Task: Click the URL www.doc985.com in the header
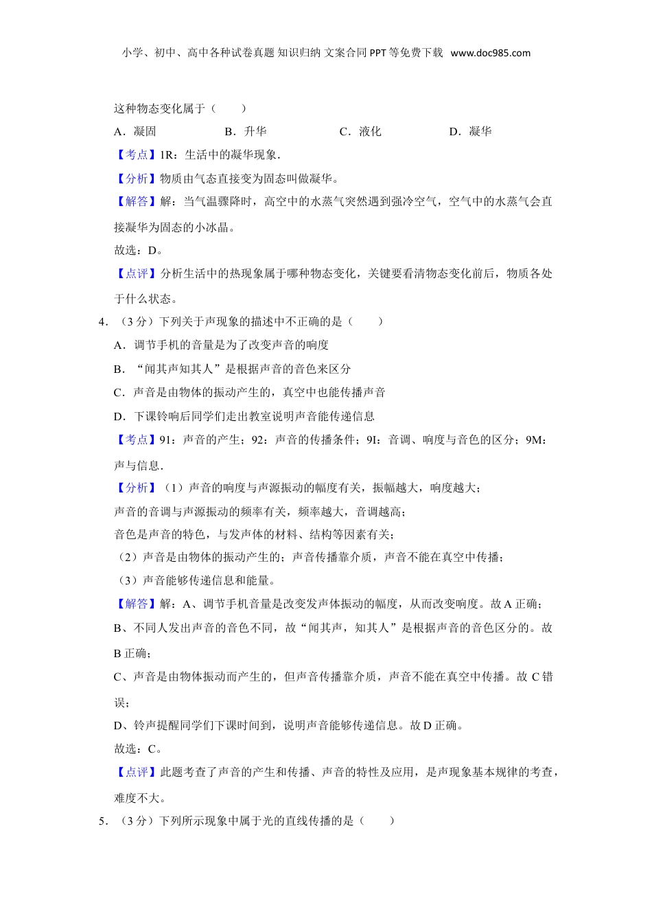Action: (x=490, y=53)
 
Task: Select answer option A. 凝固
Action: (x=135, y=131)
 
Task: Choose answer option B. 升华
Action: (x=246, y=131)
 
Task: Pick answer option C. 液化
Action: (x=360, y=131)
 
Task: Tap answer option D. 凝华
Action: (x=470, y=131)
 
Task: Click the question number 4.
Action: (x=103, y=321)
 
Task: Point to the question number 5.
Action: (x=103, y=821)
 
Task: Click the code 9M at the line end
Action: (x=534, y=440)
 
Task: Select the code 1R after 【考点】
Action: (x=167, y=155)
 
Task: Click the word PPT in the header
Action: (x=377, y=53)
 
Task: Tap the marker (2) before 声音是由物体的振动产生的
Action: (x=128, y=557)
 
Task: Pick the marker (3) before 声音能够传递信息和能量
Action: (x=128, y=580)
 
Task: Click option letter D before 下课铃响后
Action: (x=119, y=416)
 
